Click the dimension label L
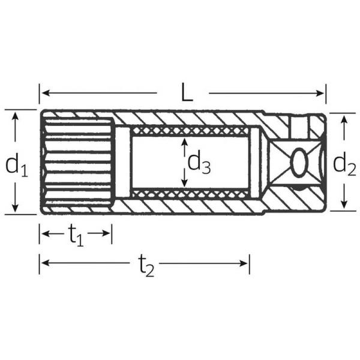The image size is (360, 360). click(x=187, y=92)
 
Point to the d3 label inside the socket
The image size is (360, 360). click(x=199, y=163)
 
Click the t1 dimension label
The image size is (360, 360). click(x=76, y=235)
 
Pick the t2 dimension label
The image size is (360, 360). click(x=146, y=265)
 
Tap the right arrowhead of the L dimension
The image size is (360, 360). click(x=320, y=93)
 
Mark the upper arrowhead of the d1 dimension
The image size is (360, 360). click(x=15, y=116)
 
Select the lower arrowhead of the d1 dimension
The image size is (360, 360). click(x=15, y=208)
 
